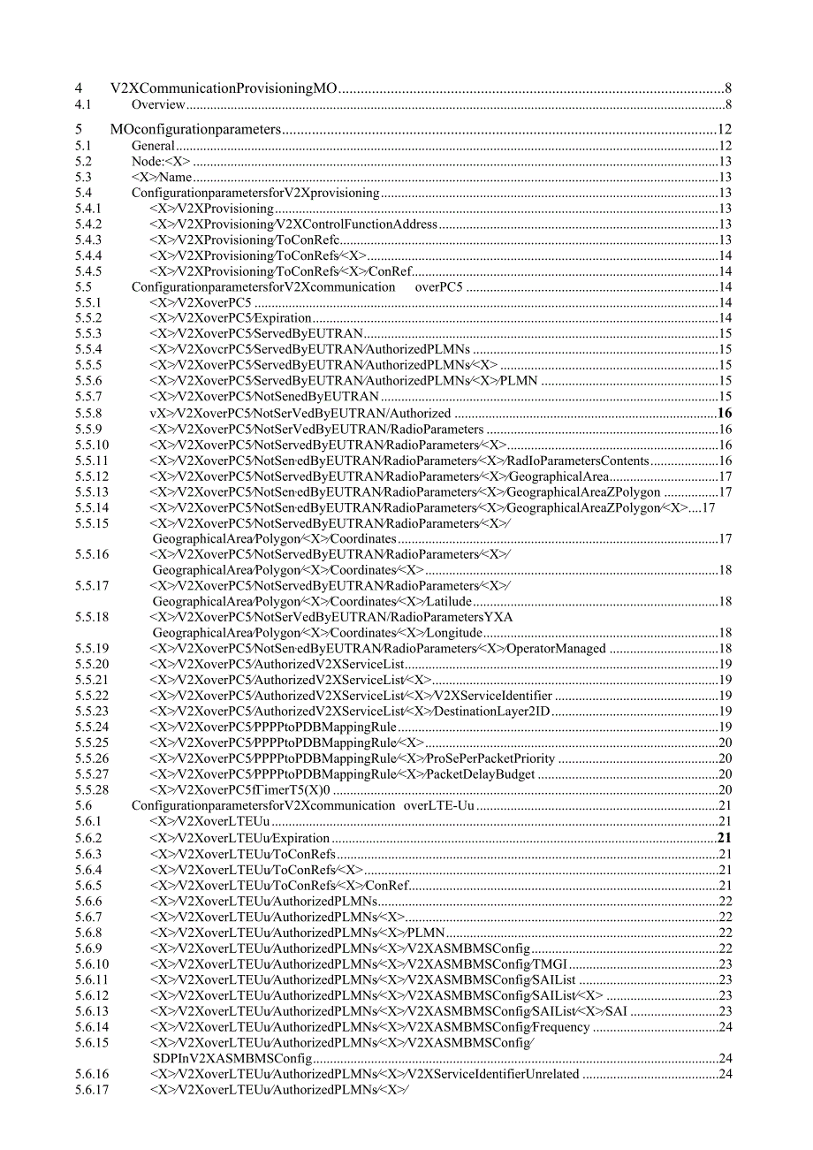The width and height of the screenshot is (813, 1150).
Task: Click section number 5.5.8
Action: [87, 413]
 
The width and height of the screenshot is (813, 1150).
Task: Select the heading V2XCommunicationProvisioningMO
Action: [224, 88]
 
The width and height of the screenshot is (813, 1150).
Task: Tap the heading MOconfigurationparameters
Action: [195, 129]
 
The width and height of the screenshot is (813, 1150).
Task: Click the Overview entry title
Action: [158, 104]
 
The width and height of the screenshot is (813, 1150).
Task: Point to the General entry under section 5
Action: [153, 146]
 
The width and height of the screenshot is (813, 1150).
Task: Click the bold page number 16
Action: [725, 413]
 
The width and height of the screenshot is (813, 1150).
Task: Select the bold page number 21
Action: [725, 838]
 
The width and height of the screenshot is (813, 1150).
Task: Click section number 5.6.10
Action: [91, 964]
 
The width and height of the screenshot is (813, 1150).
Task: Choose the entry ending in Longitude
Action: [317, 633]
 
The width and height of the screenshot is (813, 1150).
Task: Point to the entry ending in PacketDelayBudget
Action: [343, 774]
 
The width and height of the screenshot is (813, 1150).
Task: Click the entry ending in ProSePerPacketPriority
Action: [353, 758]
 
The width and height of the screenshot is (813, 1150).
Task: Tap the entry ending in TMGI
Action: [359, 964]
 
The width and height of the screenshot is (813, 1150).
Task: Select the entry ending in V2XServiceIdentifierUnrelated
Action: [364, 1075]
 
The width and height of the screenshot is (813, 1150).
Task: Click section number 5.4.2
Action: [87, 224]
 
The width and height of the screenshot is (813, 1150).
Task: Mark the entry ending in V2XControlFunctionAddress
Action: [293, 224]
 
